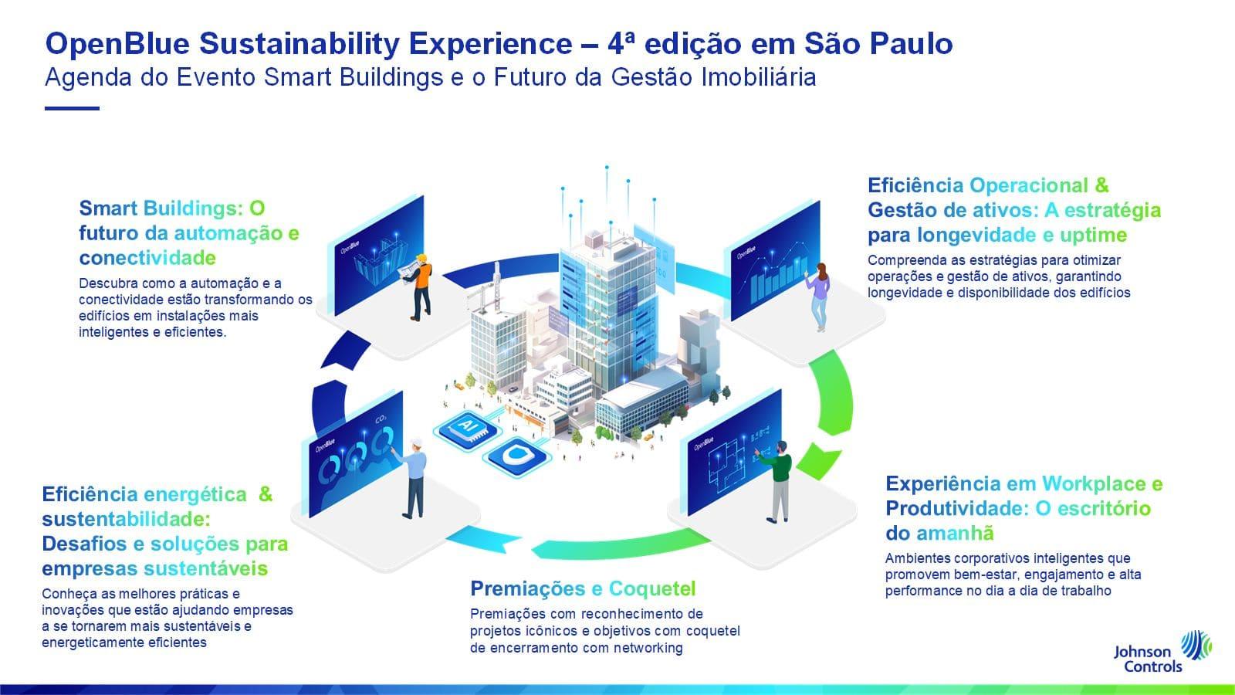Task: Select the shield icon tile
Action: [x=516, y=456]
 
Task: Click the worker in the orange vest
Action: [x=420, y=286]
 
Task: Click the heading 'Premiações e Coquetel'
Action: [x=583, y=588]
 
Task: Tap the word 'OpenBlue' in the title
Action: [x=117, y=43]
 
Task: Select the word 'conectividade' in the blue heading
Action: [x=147, y=258]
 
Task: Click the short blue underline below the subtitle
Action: [x=73, y=109]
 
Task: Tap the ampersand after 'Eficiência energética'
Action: [x=266, y=493]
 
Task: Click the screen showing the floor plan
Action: [x=735, y=451]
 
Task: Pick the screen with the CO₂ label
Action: [x=356, y=454]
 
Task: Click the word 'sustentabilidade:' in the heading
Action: [x=127, y=519]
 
